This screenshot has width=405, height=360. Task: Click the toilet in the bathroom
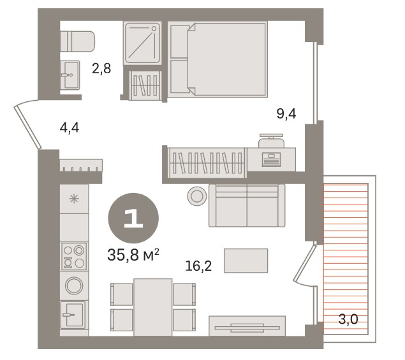[77, 41]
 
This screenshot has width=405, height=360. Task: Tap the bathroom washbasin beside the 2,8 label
[70, 75]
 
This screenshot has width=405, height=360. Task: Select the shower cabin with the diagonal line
[142, 43]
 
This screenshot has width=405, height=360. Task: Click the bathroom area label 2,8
[101, 69]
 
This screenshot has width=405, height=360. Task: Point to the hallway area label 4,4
[70, 127]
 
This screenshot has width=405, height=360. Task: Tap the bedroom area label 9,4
[286, 113]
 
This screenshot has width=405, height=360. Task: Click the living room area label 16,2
[198, 266]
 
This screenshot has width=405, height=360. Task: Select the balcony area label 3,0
[348, 319]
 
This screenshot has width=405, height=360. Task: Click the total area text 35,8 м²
[133, 255]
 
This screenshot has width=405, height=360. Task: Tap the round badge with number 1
[133, 219]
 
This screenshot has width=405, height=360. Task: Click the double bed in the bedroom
[217, 60]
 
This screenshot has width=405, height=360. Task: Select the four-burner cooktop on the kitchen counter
[73, 256]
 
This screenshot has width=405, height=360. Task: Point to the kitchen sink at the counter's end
[73, 315]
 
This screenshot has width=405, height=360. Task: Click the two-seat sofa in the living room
[247, 205]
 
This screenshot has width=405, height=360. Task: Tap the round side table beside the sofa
[197, 196]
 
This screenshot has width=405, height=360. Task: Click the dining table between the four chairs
[153, 307]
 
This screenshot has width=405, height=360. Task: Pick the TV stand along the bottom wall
[247, 326]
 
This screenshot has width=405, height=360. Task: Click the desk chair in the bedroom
[272, 141]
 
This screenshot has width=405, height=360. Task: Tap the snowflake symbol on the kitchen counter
[74, 199]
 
